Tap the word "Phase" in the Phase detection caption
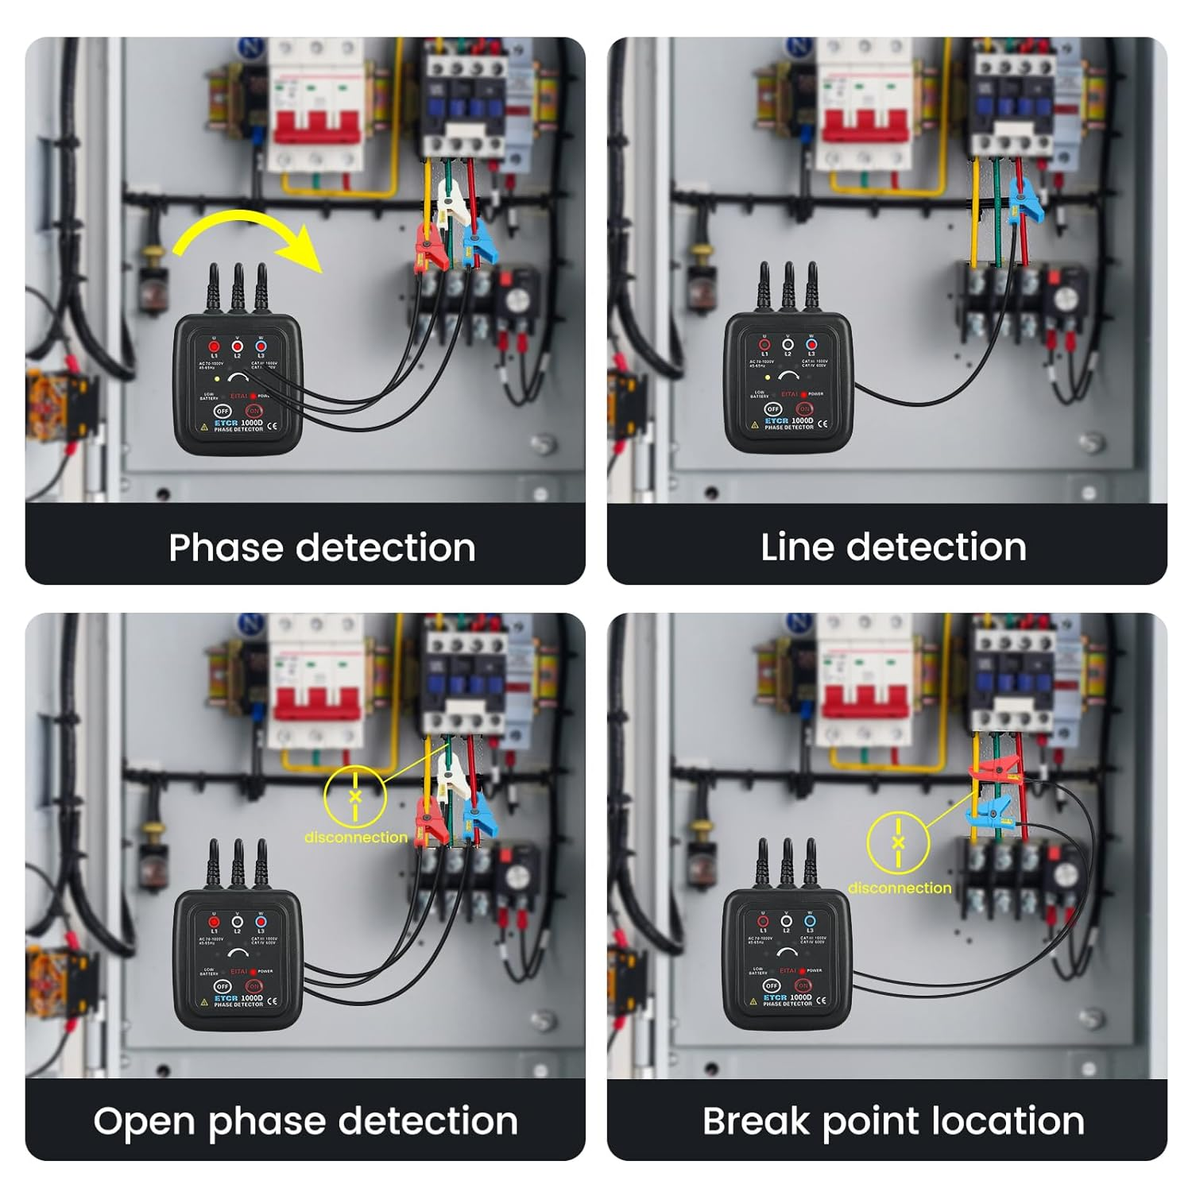click(x=225, y=548)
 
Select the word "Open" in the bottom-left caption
click(x=145, y=1121)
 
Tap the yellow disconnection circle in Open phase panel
click(x=355, y=795)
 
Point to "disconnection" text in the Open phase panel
click(x=355, y=837)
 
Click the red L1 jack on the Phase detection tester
click(x=214, y=346)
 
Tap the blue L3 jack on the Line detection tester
click(x=811, y=345)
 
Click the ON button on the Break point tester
click(x=802, y=985)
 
